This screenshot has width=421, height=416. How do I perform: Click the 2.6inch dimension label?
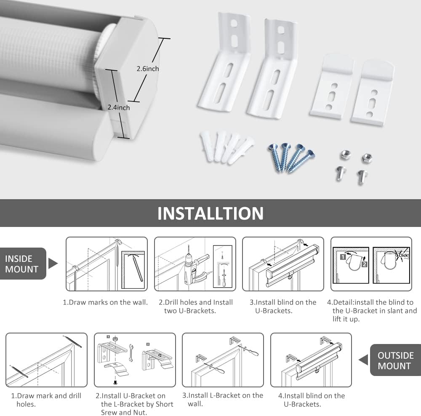pyautogui.click(x=147, y=69)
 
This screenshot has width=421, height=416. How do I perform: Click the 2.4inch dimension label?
pyautogui.click(x=118, y=107)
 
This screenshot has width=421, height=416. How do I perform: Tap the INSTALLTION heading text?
pyautogui.click(x=210, y=213)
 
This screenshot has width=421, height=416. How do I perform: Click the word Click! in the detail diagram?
pyautogui.click(x=403, y=255)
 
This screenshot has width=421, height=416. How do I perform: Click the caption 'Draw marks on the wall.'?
pyautogui.click(x=105, y=302)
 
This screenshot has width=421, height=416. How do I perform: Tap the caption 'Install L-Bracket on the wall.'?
pyautogui.click(x=223, y=400)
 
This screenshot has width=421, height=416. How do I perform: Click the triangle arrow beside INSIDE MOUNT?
pyautogui.click(x=53, y=264)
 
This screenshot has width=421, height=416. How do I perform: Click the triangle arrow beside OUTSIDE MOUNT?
pyautogui.click(x=363, y=360)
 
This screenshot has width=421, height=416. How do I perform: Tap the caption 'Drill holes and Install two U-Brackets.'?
pyautogui.click(x=196, y=307)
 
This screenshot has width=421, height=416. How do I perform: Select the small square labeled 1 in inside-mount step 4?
pyautogui.click(x=343, y=256)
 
